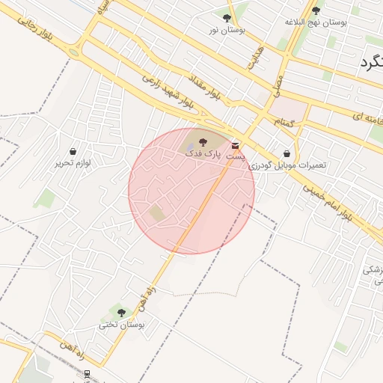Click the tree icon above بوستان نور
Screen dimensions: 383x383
pos(227,17)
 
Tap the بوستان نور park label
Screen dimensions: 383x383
pos(227,30)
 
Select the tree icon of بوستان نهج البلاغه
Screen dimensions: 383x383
pos(316,10)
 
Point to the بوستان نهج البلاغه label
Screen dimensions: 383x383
pos(316,22)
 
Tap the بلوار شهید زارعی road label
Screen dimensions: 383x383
pos(168,91)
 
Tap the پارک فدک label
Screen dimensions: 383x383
pos(204,153)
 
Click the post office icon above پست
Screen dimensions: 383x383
pos(236,145)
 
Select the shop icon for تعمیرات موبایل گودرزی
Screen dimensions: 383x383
pos(287,153)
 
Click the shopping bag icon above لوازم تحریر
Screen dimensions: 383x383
pos(73,151)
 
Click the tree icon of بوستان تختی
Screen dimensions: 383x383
pos(121,313)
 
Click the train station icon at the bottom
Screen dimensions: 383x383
pos(88,373)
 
